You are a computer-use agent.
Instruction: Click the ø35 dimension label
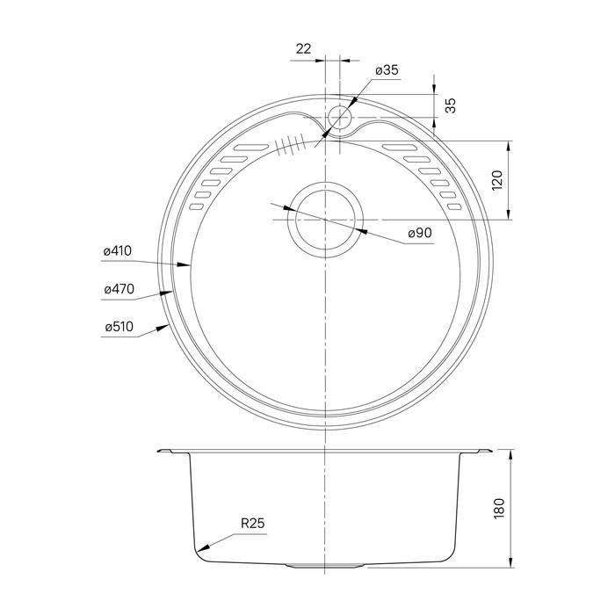(387, 70)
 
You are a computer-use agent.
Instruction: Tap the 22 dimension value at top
(303, 49)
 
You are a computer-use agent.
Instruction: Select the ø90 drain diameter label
(420, 233)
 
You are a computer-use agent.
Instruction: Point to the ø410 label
(118, 251)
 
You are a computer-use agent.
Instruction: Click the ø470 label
(119, 289)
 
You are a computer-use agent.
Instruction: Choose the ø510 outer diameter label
(119, 327)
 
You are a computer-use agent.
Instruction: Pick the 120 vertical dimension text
(497, 180)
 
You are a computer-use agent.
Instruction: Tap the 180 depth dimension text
(498, 509)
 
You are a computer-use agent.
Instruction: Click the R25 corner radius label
(253, 524)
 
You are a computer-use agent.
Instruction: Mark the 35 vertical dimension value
(452, 105)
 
